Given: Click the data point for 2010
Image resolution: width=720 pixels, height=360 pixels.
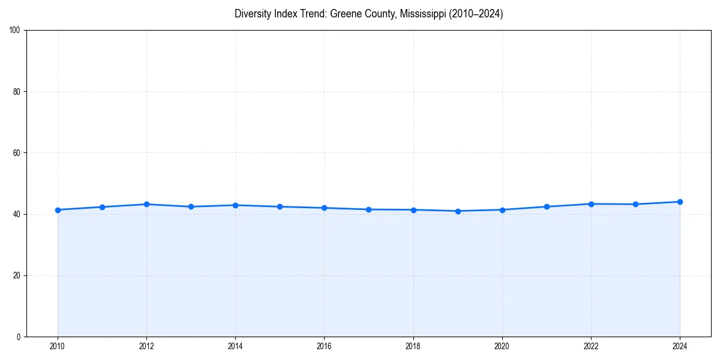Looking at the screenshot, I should coord(58,210).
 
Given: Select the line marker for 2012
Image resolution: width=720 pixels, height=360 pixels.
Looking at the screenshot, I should coord(146,204).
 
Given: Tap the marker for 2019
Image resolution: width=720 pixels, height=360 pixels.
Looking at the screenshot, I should coord(458,211).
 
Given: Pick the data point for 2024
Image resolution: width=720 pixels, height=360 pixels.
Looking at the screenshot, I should coord(680,202).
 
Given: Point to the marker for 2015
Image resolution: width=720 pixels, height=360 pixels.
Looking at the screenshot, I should coord(280,206).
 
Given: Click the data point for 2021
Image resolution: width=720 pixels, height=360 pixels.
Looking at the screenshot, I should coord(547,206).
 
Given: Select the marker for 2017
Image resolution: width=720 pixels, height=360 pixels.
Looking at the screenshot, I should coord(368,209).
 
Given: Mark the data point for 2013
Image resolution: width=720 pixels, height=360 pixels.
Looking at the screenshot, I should coord(191,206).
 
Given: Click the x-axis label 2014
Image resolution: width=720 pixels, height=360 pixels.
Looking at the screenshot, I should coord(235,346).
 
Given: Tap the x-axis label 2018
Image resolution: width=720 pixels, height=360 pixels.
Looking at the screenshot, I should coord(413,346).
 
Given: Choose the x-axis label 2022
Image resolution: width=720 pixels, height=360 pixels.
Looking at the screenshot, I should coord(591,346).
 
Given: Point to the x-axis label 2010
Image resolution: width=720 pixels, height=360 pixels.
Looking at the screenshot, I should coord(58,346).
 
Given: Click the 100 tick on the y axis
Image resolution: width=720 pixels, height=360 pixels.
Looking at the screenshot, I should coord(16,30).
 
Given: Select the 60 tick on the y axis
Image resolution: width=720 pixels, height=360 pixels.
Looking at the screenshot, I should coord(17,153).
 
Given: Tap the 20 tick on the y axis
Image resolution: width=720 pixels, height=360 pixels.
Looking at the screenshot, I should coord(17,275).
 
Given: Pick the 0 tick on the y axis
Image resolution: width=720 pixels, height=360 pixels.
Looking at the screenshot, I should coord(19,337).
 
